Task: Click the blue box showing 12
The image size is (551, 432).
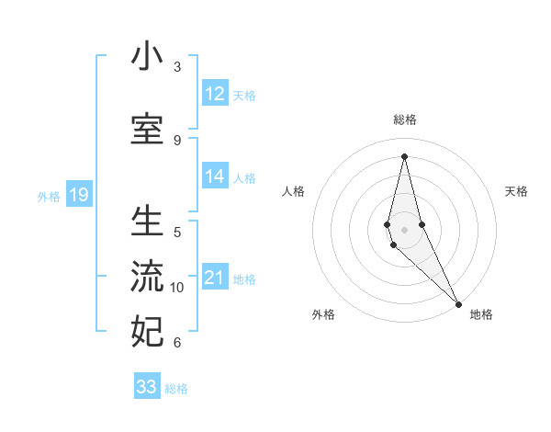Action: (x=215, y=94)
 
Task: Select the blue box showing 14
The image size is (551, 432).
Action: (x=215, y=176)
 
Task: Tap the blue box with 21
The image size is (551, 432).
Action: (x=215, y=278)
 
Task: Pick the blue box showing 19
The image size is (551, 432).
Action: (x=78, y=195)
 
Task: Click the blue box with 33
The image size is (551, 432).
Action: (x=147, y=387)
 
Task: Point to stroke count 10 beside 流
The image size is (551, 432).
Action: (x=177, y=288)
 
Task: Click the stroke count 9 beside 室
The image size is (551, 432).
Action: (x=177, y=140)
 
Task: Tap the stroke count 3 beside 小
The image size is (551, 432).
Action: (x=177, y=67)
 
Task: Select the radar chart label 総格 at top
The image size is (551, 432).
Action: (x=405, y=119)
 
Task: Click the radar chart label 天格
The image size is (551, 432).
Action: (x=517, y=191)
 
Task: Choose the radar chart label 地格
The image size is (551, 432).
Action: (x=481, y=315)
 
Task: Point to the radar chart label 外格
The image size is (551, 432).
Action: (x=323, y=315)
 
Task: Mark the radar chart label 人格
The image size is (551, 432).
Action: (x=293, y=191)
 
